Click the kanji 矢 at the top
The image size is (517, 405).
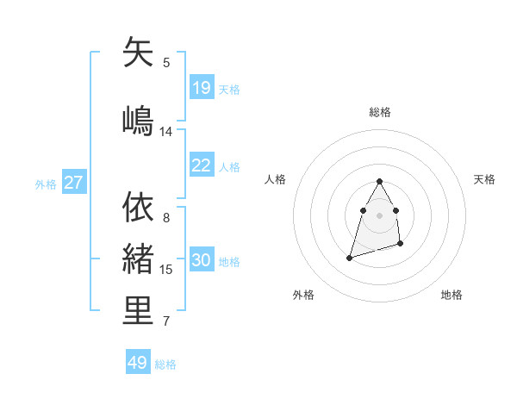coord(139,53)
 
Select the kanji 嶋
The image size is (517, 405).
coord(139,120)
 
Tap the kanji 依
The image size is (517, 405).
coord(139,207)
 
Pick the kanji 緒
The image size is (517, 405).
coord(139,259)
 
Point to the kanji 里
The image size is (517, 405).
coord(139,311)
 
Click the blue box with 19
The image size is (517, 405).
coord(202,88)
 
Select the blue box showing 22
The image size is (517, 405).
coord(202,165)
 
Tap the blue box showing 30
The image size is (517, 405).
coord(202,260)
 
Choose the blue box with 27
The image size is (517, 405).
coord(74,183)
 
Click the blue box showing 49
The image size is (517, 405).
coord(138,363)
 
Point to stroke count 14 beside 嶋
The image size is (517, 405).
coord(166,132)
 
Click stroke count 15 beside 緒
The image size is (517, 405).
coord(166,270)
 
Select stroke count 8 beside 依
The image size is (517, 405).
coord(166,218)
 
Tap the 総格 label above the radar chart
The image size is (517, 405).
coord(380,112)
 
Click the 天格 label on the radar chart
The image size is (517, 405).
coord(485,179)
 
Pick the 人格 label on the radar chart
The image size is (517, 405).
coord(276,179)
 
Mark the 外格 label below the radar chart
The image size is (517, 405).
coord(303,295)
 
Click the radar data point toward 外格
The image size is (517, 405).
coord(349,257)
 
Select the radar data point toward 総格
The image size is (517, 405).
coord(380,181)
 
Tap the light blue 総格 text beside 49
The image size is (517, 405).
coord(165,364)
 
